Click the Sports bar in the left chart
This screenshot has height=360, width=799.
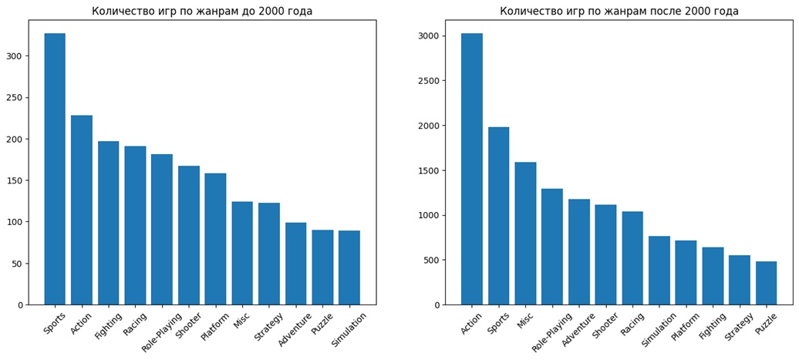[55, 169]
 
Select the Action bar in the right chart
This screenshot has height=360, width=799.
[472, 169]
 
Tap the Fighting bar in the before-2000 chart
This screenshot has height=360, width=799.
[108, 223]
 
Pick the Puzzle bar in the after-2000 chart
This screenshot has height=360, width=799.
[766, 283]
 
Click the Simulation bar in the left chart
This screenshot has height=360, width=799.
[349, 267]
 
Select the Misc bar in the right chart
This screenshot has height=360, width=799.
[525, 233]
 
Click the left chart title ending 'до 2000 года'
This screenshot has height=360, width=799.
[202, 11]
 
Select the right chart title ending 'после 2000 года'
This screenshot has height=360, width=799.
[619, 11]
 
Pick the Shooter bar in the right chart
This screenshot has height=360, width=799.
[605, 254]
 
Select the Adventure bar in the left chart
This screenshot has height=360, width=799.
[295, 264]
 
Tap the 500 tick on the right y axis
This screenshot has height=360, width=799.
[443, 260]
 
